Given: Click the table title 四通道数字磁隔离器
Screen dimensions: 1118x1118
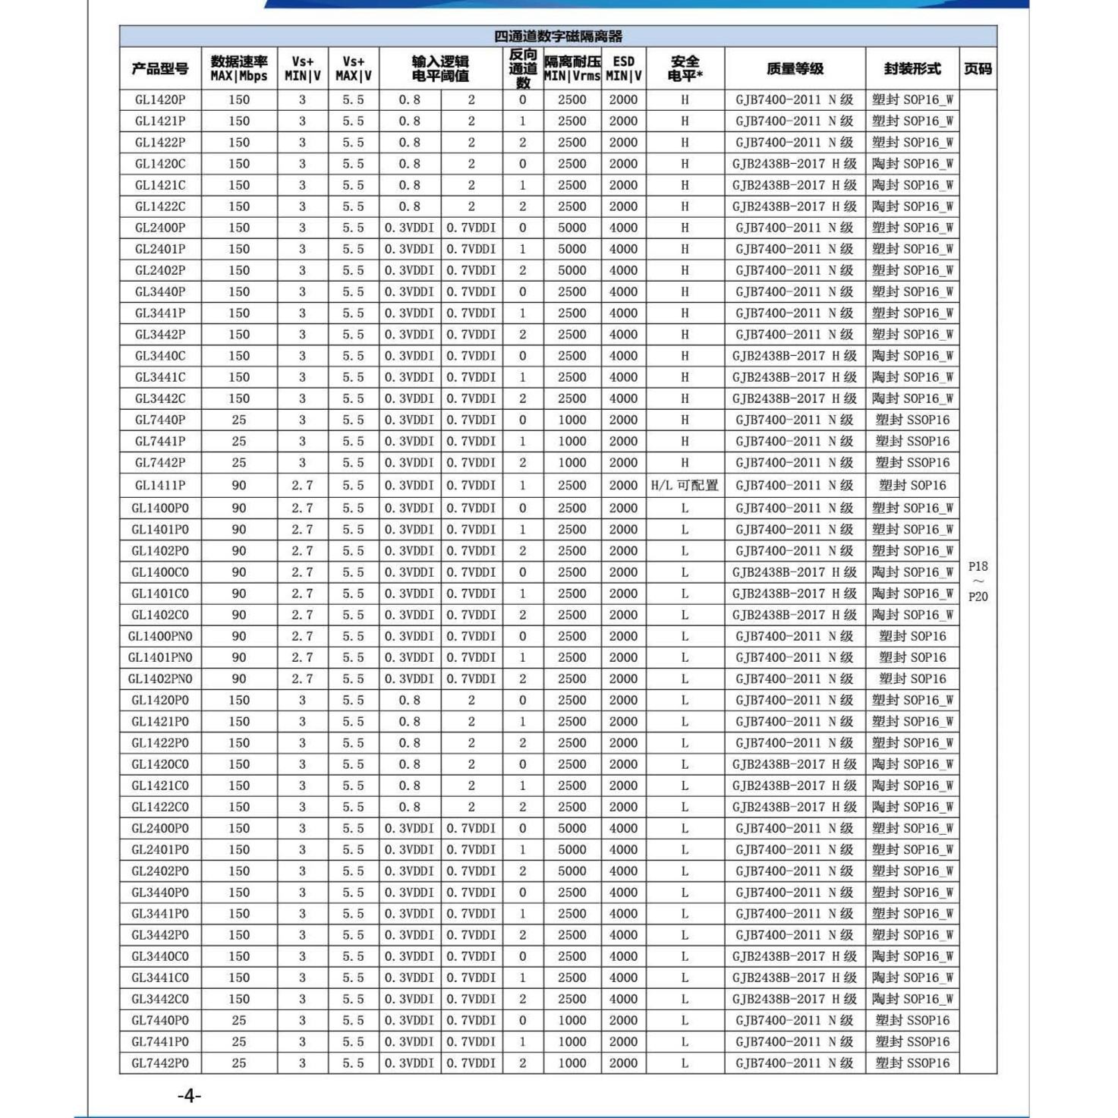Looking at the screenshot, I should coord(558,36).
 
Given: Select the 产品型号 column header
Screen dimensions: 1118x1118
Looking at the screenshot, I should coord(159,69).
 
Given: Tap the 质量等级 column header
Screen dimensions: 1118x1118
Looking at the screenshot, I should coord(795,69).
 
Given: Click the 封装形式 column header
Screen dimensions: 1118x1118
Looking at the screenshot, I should coord(912,69).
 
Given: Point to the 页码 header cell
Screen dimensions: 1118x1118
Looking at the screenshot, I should coord(978,69).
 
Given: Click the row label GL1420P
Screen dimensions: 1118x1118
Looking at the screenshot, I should coord(159,99).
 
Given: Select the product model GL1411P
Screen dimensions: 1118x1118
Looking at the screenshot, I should coord(159,485).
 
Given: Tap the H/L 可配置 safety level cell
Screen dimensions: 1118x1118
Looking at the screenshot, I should coord(685,485).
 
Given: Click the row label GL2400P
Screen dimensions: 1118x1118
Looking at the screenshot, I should coord(159,228).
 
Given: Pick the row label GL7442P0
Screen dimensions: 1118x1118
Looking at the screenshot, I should coord(159,1063).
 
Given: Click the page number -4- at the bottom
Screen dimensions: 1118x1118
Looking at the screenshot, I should coord(189,1095).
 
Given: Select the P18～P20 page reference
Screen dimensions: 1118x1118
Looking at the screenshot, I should coord(978,581).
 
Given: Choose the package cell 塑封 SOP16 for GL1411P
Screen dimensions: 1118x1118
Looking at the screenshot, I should coord(912,485).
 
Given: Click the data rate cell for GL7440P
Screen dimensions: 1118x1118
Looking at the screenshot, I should coord(239,420).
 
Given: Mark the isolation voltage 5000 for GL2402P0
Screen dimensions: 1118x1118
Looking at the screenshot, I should coord(572,871).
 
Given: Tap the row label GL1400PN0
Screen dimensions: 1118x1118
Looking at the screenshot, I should coord(159,636).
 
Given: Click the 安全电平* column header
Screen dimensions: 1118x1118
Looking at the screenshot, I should coord(685,69).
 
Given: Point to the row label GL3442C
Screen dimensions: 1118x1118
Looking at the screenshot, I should coord(159,398).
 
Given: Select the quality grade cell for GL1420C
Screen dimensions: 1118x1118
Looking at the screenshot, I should coord(795,164).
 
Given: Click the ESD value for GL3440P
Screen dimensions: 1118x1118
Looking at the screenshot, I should coord(623,291).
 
